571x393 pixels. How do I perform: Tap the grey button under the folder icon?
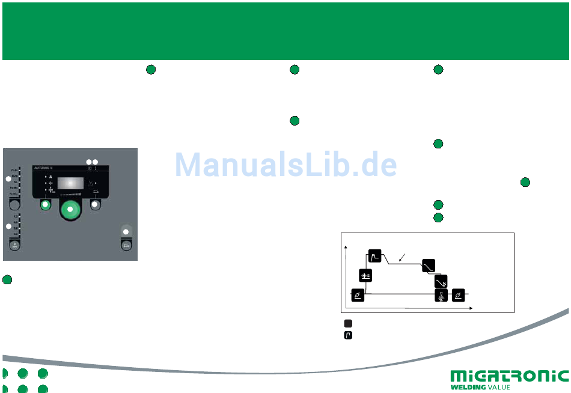95,205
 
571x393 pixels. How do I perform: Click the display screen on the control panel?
71,184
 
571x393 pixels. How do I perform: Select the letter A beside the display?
50,177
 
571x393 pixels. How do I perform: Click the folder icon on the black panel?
95,191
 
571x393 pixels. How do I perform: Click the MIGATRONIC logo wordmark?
509,377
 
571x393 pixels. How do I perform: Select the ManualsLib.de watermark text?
285,164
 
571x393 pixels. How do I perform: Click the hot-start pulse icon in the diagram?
375,257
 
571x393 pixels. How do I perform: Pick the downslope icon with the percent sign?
441,280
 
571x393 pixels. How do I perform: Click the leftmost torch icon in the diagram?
358,295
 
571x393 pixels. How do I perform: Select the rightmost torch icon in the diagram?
458,295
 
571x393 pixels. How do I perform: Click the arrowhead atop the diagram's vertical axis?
346,246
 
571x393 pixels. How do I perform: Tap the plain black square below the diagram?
348,323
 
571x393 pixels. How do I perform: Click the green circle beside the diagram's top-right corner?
525,181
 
